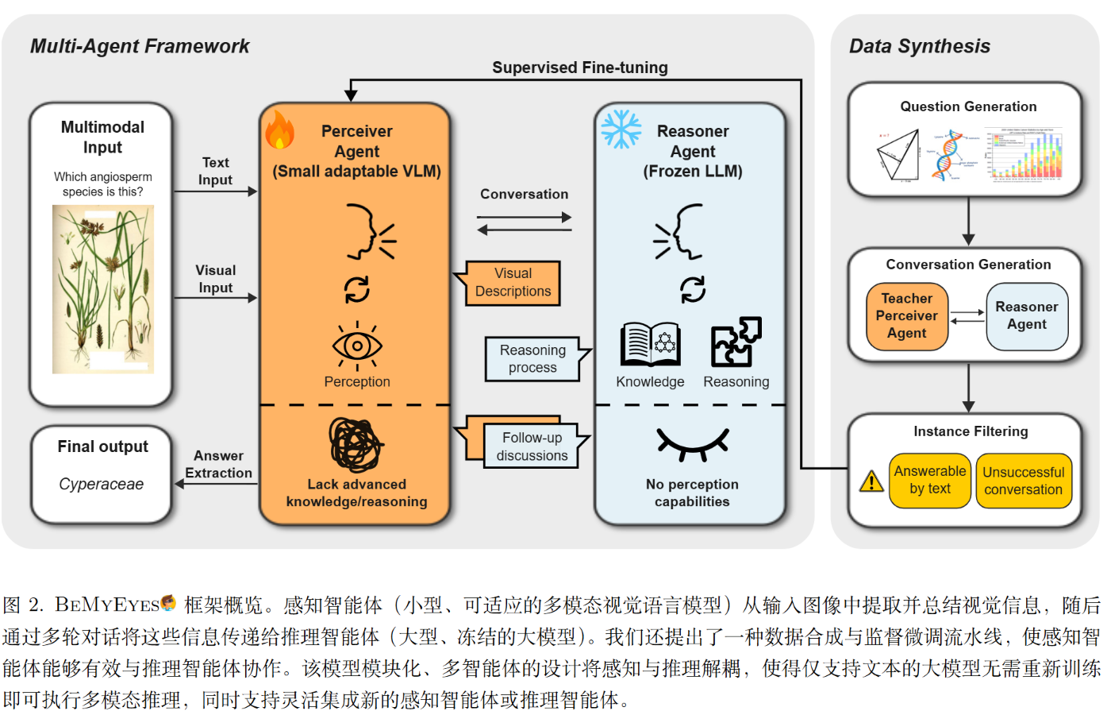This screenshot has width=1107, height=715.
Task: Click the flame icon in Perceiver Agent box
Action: pos(279,130)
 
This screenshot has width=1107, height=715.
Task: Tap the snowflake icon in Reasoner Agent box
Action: pos(621,129)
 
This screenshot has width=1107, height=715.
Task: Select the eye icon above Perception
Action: pos(357,346)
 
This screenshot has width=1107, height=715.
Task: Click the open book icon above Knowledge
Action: pos(650,344)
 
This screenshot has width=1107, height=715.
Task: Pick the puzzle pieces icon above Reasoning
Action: pos(736,342)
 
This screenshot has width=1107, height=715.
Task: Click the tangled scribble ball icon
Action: pos(356,445)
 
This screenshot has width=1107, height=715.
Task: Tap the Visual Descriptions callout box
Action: pos(513,283)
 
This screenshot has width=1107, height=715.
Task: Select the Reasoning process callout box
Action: pos(532,359)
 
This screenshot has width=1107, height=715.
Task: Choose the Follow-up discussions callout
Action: pos(532,446)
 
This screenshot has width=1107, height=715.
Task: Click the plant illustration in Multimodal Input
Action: pos(103,289)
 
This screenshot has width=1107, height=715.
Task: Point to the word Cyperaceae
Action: pos(102,484)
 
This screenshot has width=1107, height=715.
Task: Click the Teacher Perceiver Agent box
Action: pos(907,316)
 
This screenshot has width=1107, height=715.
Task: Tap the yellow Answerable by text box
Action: pos(930,481)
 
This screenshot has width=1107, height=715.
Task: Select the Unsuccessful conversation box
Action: pos(1024,481)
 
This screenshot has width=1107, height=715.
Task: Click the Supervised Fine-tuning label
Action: pos(579,68)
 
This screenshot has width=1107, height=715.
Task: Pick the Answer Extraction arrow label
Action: pos(218,464)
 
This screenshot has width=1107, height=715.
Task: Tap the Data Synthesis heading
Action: pos(920,46)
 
